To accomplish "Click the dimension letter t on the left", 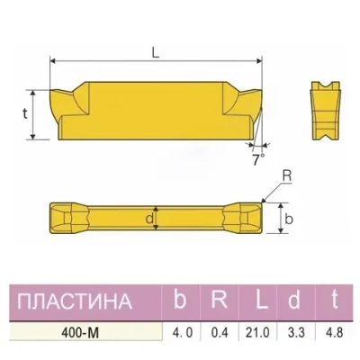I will (24, 113).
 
